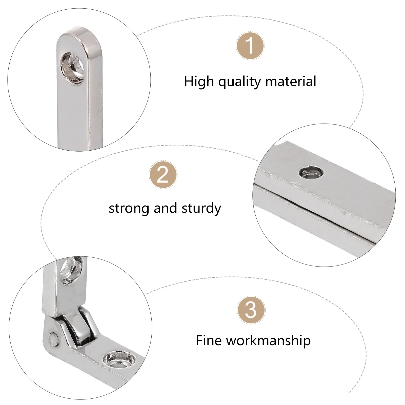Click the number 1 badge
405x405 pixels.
pyautogui.click(x=250, y=46)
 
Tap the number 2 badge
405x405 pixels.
pyautogui.click(x=163, y=174)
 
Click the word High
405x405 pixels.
pyautogui.click(x=199, y=82)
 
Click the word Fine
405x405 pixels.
pyautogui.click(x=209, y=340)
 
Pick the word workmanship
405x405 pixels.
pyautogui.click(x=268, y=340)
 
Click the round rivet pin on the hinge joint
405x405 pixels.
pyautogui.click(x=53, y=337)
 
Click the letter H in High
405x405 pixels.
pyautogui.click(x=188, y=82)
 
